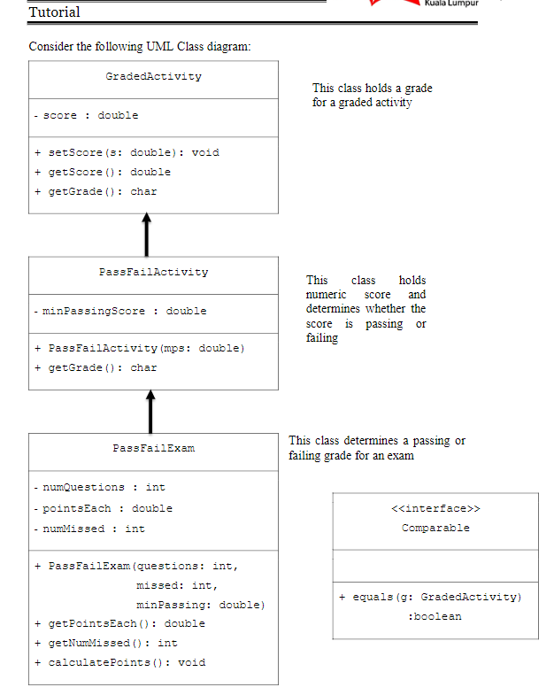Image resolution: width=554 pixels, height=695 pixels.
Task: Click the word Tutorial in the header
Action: [x=54, y=12]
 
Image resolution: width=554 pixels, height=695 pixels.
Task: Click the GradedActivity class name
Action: [x=153, y=77]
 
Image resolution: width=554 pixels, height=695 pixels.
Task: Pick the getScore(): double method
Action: [x=103, y=172]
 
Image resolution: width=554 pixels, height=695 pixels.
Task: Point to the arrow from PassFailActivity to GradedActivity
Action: [x=146, y=235]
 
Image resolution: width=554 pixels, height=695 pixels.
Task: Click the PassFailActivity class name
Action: [x=153, y=272]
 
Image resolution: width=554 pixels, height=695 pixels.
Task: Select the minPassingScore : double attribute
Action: [x=119, y=311]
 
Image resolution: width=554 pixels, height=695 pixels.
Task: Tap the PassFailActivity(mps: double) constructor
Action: [x=140, y=348]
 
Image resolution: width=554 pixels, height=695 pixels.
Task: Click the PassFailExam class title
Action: [x=153, y=449]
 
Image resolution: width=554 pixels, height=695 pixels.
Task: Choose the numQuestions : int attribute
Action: [x=98, y=487]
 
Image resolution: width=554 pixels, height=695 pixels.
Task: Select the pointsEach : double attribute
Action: [x=103, y=508]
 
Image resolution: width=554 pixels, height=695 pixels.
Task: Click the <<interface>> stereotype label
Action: [x=435, y=508]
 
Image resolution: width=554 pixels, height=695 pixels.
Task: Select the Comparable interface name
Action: [x=435, y=528]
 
